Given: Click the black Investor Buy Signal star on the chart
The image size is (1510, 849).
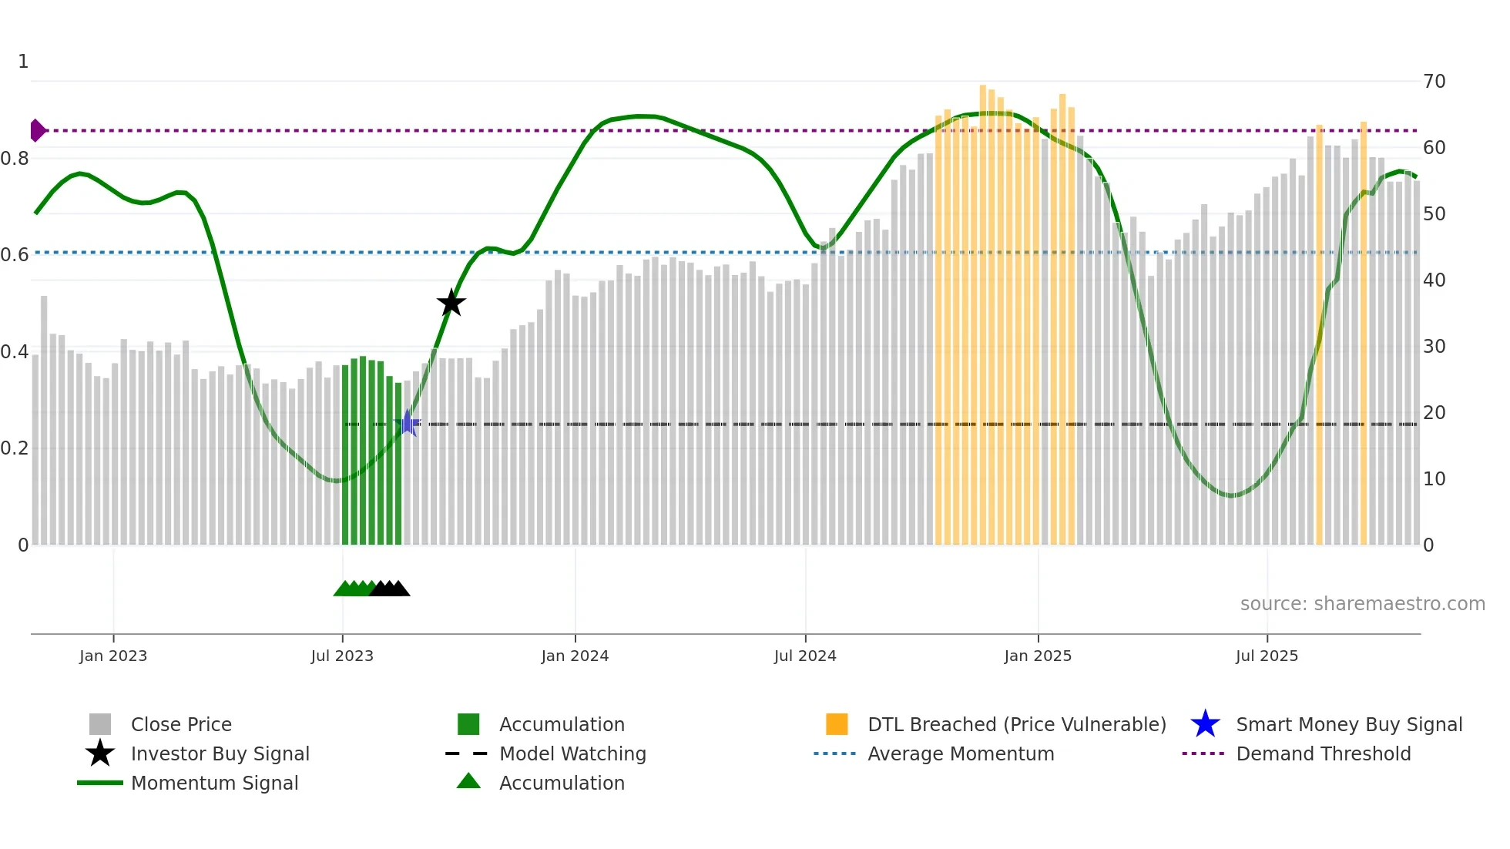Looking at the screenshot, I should click(x=451, y=303).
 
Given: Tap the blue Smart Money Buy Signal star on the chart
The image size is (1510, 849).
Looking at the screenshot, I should click(x=408, y=423).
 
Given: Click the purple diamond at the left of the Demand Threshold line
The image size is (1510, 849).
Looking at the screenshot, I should click(x=37, y=130).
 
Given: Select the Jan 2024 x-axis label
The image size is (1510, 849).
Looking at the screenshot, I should click(x=575, y=656).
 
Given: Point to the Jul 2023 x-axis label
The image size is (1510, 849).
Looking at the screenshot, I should click(x=342, y=656).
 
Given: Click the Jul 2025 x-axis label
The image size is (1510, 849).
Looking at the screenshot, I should click(x=1267, y=656).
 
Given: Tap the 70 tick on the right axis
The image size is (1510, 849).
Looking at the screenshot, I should click(x=1434, y=82).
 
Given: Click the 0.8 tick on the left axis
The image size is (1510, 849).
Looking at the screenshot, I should click(x=15, y=159).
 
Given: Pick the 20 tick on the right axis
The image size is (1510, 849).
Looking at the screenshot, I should click(x=1434, y=413).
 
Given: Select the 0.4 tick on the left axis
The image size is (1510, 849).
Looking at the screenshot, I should click(x=15, y=352).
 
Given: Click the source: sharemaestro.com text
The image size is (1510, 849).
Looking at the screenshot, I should click(x=1362, y=604).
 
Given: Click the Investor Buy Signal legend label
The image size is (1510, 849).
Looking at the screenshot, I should click(x=220, y=753).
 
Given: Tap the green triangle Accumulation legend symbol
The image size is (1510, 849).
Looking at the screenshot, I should click(x=468, y=782).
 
